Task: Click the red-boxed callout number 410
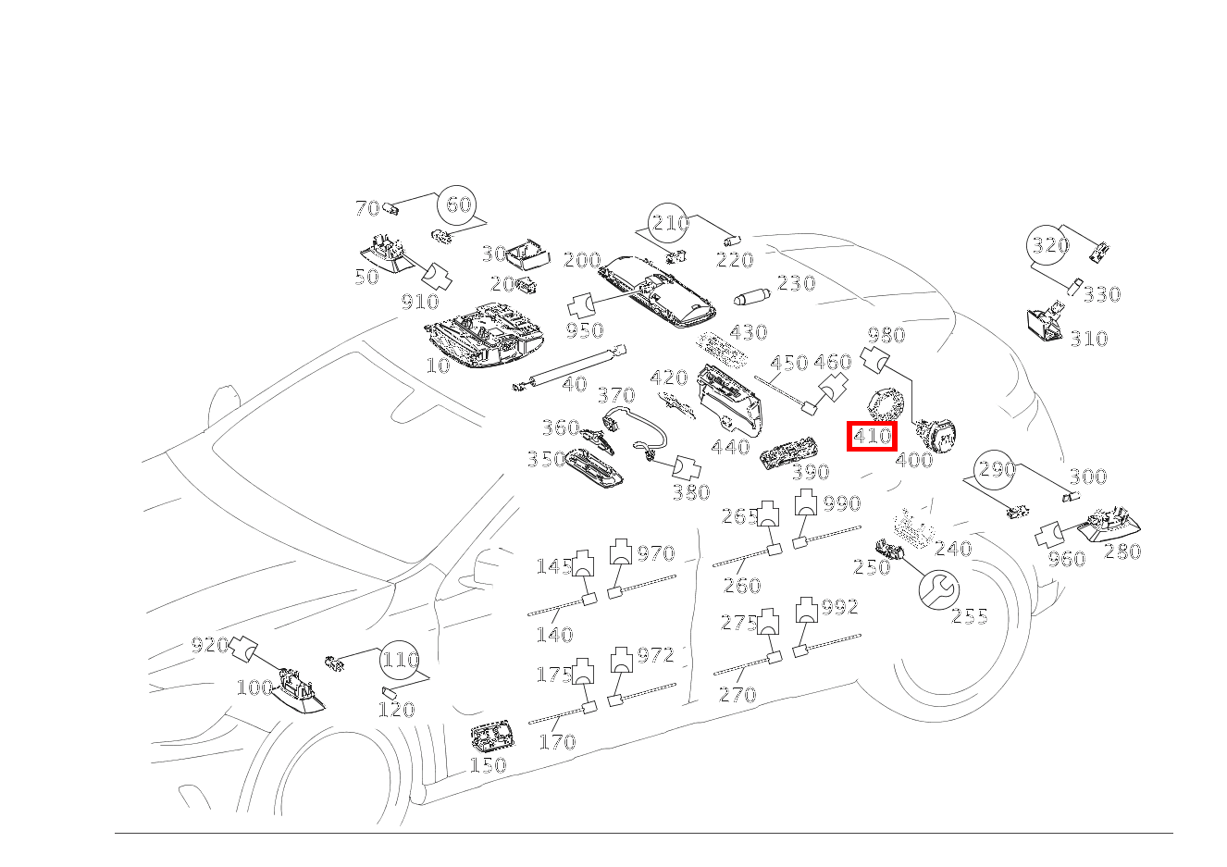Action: pyautogui.click(x=872, y=436)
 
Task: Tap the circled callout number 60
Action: pyautogui.click(x=457, y=205)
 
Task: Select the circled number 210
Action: pyautogui.click(x=668, y=223)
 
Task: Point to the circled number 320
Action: pyautogui.click(x=1047, y=245)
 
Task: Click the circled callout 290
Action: pyautogui.click(x=995, y=470)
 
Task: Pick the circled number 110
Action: pyautogui.click(x=400, y=660)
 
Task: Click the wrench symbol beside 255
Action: pyautogui.click(x=939, y=589)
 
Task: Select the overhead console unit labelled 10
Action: pyautogui.click(x=484, y=335)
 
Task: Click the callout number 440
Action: pyautogui.click(x=730, y=447)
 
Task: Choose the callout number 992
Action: pyautogui.click(x=839, y=607)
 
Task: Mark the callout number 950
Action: pyautogui.click(x=585, y=330)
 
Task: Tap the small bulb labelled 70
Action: pyautogui.click(x=390, y=208)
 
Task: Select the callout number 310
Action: pyautogui.click(x=1089, y=339)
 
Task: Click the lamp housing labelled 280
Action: pyautogui.click(x=1109, y=525)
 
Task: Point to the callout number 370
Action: pyautogui.click(x=616, y=395)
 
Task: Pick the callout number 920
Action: pyautogui.click(x=210, y=645)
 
